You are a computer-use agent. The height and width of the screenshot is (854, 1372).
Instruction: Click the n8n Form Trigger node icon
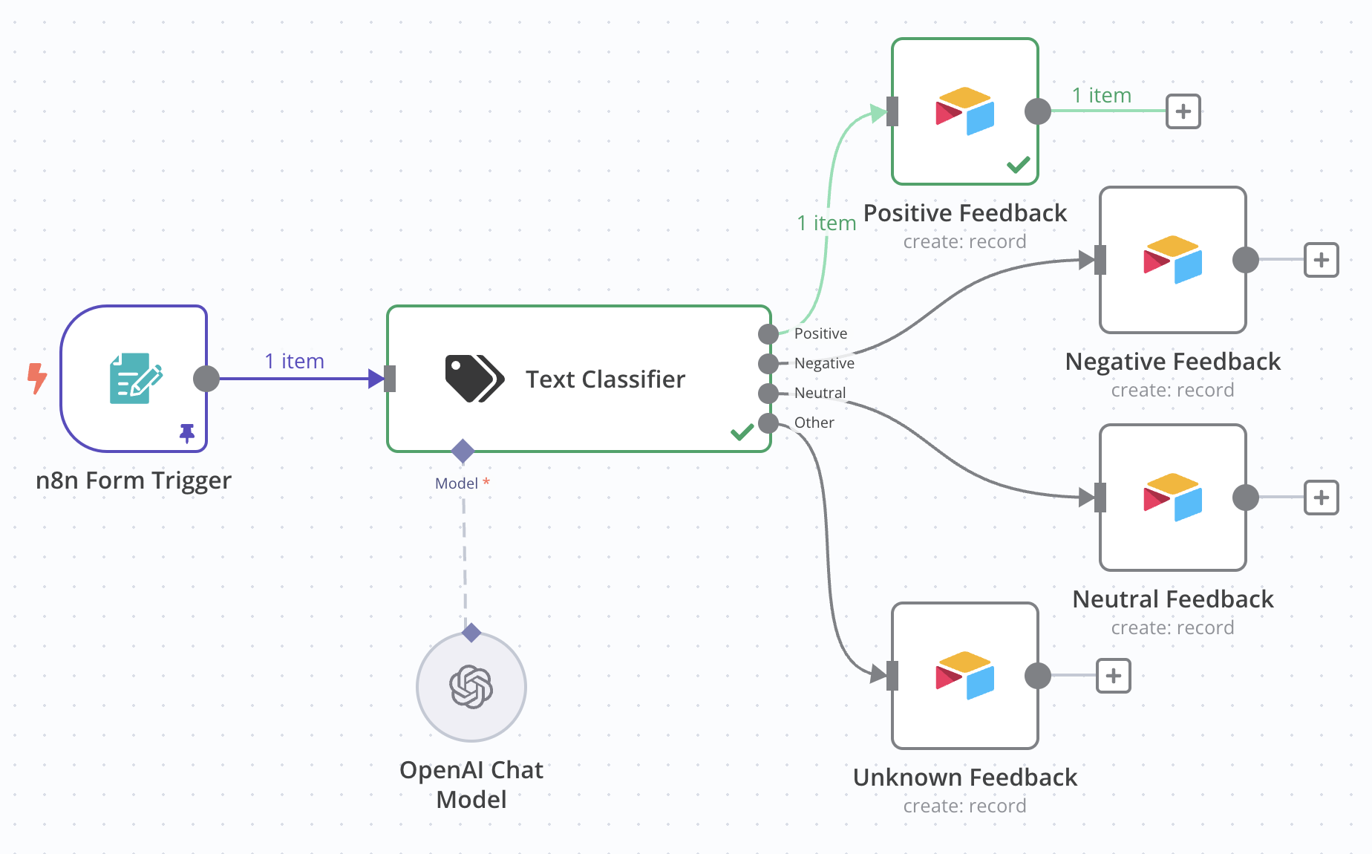[136, 378]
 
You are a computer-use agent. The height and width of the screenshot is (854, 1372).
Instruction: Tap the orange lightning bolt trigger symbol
[36, 378]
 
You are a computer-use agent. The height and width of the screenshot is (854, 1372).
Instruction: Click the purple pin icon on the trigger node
[187, 433]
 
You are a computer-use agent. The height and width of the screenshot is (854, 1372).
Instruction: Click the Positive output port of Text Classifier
[768, 334]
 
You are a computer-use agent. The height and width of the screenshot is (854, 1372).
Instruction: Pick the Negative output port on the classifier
[768, 364]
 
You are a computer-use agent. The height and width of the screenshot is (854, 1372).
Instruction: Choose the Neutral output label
[820, 393]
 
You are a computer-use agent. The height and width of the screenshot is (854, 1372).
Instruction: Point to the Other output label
[814, 423]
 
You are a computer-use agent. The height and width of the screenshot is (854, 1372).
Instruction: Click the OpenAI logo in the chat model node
[471, 687]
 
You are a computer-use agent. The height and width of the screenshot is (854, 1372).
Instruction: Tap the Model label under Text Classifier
[457, 483]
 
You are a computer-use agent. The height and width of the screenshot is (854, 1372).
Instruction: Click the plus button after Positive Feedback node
[1183, 111]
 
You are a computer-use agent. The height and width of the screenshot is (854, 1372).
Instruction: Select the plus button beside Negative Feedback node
[1322, 260]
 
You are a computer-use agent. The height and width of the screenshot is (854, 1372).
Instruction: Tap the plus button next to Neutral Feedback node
[1322, 498]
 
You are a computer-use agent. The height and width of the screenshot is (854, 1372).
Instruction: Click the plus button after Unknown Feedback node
[1114, 676]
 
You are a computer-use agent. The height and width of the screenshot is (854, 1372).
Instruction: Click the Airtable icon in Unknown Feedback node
[964, 675]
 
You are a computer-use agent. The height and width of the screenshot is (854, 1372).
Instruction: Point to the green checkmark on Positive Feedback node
[1018, 164]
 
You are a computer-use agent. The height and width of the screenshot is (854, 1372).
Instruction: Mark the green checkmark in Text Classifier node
[742, 431]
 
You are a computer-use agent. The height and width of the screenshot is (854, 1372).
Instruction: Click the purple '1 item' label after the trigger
[295, 362]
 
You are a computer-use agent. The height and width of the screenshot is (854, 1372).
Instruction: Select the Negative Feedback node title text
[1172, 362]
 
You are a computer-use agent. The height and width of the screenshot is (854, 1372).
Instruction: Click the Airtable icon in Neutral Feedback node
[1172, 497]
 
